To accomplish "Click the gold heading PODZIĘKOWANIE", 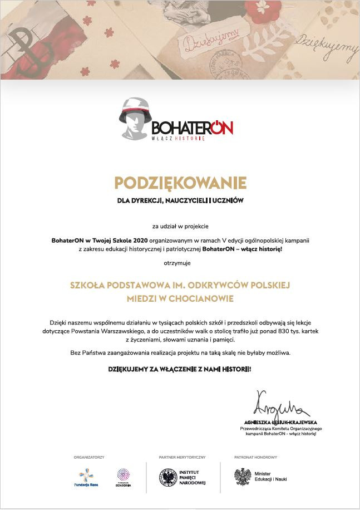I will (180, 183).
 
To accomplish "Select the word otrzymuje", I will (180, 262).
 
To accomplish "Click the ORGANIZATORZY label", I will (89, 457).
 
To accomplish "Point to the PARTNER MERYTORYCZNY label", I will (182, 457).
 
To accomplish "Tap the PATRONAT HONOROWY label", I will (255, 457).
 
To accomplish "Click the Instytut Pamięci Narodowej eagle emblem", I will (167, 477).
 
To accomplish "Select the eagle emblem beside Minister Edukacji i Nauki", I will (243, 477).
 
